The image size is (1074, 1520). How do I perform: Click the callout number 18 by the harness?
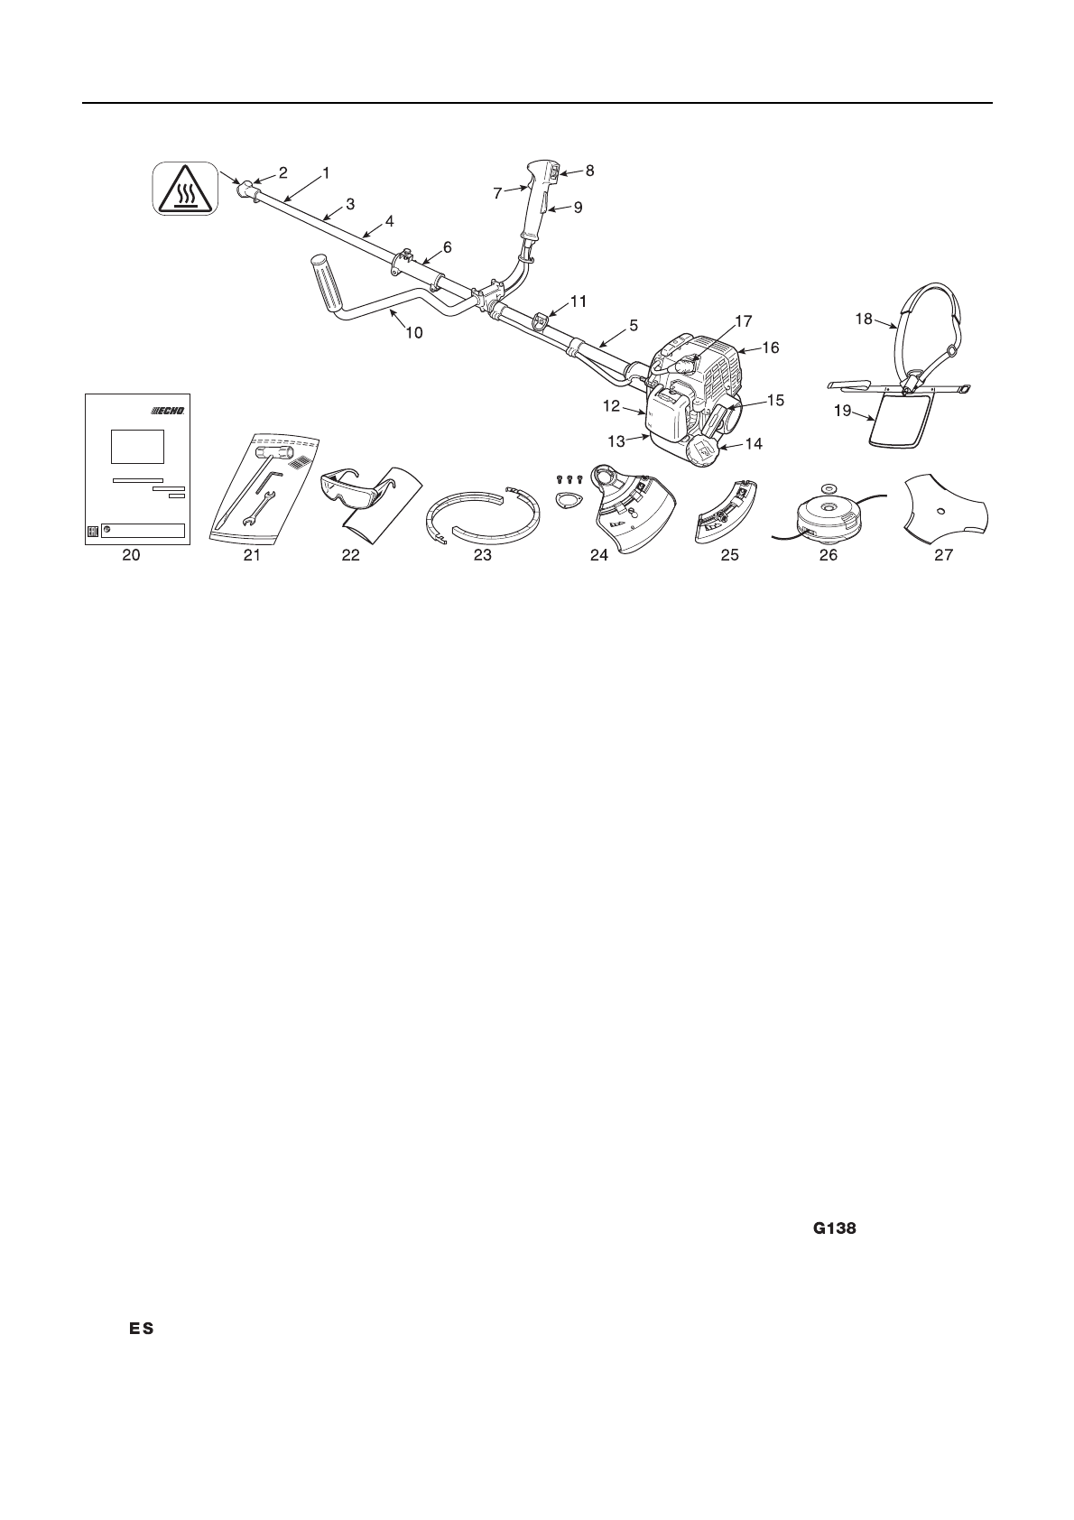click(x=864, y=318)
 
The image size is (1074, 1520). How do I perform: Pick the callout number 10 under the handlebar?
click(x=413, y=332)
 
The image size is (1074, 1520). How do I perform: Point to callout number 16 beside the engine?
click(x=771, y=348)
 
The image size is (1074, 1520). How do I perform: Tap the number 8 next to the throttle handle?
click(x=589, y=170)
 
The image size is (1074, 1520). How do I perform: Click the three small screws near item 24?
click(x=569, y=479)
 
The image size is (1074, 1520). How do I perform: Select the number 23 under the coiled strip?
click(x=483, y=556)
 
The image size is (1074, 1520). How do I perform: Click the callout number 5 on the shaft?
click(x=633, y=324)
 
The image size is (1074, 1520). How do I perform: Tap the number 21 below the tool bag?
click(x=252, y=556)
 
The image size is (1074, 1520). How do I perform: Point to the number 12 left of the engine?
click(x=612, y=407)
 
